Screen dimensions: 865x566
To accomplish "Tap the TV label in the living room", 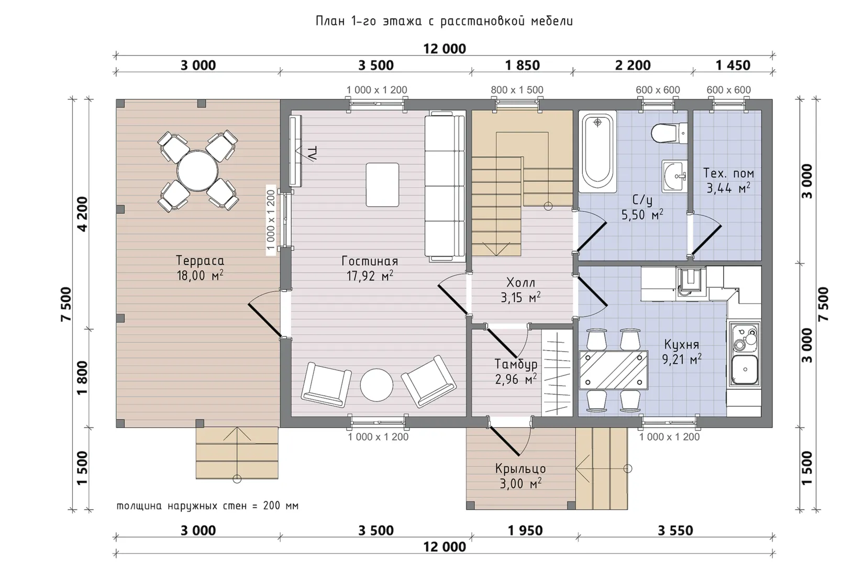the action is click(x=313, y=153).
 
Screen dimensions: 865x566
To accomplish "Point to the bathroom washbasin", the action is click(x=674, y=176).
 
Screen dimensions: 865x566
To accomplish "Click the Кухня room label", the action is click(x=682, y=344).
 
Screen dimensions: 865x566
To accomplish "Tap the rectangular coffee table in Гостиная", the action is click(x=382, y=185).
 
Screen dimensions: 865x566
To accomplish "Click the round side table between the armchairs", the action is click(x=376, y=385).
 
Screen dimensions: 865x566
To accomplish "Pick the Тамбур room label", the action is click(x=516, y=364).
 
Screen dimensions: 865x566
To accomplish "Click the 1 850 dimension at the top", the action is click(x=523, y=66).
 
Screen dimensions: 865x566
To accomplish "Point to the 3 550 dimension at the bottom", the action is click(x=675, y=530).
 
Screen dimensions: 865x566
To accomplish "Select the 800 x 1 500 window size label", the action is click(x=517, y=90).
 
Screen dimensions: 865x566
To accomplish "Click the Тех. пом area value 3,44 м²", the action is click(x=728, y=188).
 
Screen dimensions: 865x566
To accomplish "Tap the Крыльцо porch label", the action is click(x=520, y=469).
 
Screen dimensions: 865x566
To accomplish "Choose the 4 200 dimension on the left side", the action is click(x=83, y=214).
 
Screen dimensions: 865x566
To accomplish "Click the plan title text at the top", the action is click(x=444, y=21).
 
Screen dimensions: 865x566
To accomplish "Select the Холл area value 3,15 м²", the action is click(x=520, y=297).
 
